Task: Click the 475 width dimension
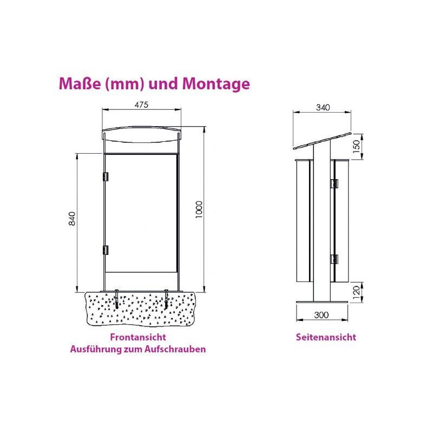(x=141, y=105)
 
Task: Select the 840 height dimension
(x=72, y=219)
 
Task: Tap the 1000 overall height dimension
(x=199, y=210)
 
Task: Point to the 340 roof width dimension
(x=323, y=107)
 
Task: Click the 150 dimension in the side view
(x=357, y=147)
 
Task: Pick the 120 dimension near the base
(x=357, y=292)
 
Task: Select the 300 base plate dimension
(x=322, y=315)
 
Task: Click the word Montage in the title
(x=215, y=84)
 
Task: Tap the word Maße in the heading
(x=80, y=83)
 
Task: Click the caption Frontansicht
(x=138, y=337)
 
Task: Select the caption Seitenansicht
(x=326, y=337)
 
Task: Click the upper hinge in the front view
(x=105, y=176)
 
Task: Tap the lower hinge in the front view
(x=105, y=250)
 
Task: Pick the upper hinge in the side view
(x=334, y=183)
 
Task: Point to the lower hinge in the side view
(x=334, y=259)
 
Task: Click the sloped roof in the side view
(x=322, y=141)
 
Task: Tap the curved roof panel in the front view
(x=141, y=134)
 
